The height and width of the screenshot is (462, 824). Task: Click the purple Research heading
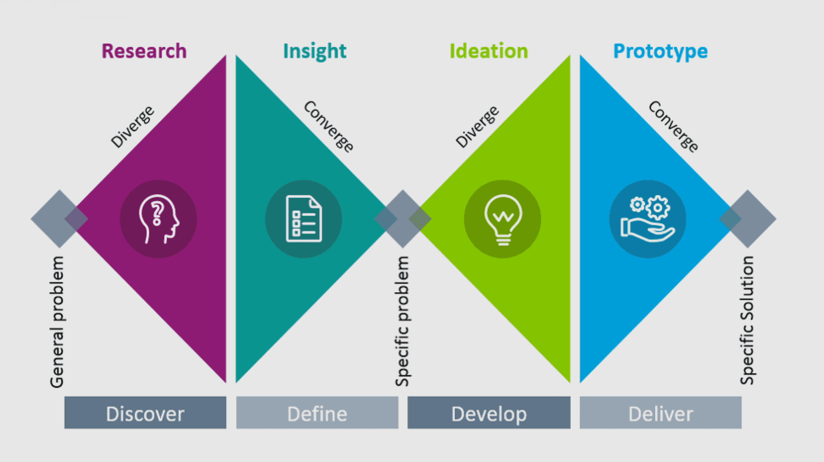(x=144, y=51)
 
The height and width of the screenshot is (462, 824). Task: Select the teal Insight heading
(x=315, y=51)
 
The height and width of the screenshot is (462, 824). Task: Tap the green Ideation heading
(x=489, y=51)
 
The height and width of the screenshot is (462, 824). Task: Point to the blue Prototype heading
(x=660, y=51)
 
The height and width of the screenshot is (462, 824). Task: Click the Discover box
(x=145, y=413)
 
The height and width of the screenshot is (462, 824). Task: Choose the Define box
(x=317, y=413)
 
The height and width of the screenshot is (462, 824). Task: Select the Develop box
(x=489, y=413)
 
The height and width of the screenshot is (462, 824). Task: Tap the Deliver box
(x=661, y=413)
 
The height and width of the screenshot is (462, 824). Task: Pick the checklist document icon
(x=303, y=219)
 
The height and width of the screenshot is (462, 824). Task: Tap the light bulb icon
(x=502, y=219)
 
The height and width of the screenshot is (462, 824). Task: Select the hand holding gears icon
(x=648, y=219)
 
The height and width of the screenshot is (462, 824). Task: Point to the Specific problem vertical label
(x=402, y=321)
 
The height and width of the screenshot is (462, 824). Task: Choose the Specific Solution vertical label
(x=747, y=320)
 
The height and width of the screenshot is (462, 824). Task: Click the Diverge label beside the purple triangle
(x=132, y=127)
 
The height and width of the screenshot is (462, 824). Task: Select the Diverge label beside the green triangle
(x=477, y=127)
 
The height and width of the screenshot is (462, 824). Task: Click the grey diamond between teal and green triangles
(x=402, y=219)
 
